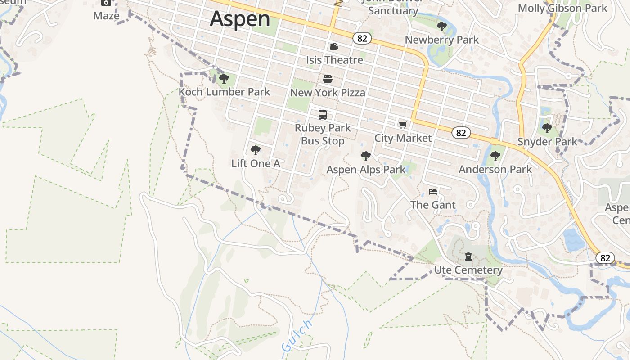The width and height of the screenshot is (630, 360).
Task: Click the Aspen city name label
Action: pos(240,19)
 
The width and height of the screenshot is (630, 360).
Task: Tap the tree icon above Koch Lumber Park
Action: pos(224,79)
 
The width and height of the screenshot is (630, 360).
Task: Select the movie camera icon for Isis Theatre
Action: pos(334,47)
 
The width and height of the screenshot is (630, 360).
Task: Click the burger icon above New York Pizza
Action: pos(328,80)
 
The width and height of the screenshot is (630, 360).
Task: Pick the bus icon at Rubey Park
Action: pos(323,115)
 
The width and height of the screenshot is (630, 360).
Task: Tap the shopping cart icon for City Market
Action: pos(403,125)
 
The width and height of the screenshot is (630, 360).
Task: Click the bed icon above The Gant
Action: pos(433,192)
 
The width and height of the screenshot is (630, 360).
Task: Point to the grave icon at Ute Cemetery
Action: pos(468,257)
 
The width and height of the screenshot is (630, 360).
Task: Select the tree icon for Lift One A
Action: pos(255,150)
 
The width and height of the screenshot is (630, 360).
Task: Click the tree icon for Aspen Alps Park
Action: pos(365,156)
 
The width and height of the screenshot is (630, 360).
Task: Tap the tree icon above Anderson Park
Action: pos(495,156)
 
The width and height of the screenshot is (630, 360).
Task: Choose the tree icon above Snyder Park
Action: pos(547,128)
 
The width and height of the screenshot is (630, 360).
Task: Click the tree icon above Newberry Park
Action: pos(441,27)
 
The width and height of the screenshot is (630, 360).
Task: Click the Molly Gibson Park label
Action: pos(562,8)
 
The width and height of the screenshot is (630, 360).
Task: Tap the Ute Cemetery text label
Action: pos(468,270)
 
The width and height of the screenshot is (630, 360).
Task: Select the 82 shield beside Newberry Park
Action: pos(362,38)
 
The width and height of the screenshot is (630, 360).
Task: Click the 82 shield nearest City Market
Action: pos(461,133)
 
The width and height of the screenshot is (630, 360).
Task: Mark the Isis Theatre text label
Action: pos(334,60)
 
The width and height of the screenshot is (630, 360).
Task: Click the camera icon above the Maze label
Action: pos(106,3)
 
